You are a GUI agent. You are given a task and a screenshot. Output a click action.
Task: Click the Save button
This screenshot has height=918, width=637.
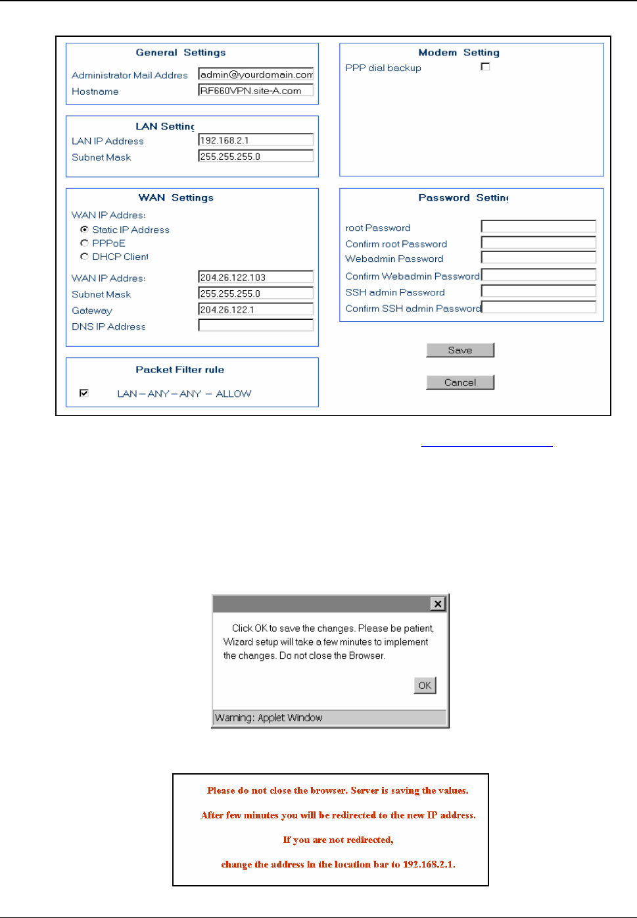click(x=460, y=350)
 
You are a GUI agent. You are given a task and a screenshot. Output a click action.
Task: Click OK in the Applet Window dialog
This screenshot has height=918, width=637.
click(x=425, y=685)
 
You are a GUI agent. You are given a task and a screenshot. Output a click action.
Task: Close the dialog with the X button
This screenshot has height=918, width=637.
click(x=437, y=603)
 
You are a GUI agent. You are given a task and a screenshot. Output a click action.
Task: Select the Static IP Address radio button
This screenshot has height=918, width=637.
click(x=84, y=230)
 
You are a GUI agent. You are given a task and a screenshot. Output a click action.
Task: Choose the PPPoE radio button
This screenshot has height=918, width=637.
click(x=84, y=243)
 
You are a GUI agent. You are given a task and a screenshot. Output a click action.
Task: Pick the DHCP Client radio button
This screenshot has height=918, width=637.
click(x=84, y=257)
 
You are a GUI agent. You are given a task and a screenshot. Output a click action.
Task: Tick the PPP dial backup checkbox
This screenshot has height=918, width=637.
click(x=485, y=66)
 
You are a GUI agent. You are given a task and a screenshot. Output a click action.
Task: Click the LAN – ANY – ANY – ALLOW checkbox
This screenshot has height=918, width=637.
click(x=84, y=393)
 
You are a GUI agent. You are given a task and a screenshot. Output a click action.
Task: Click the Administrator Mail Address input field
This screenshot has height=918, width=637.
click(x=256, y=74)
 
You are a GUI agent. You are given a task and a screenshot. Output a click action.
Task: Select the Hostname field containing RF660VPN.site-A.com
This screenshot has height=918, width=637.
click(x=256, y=91)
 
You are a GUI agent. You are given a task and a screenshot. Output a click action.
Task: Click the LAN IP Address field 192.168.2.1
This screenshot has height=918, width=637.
click(x=256, y=140)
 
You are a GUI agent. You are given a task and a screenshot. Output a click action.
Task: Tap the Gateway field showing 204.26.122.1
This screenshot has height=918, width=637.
click(x=256, y=310)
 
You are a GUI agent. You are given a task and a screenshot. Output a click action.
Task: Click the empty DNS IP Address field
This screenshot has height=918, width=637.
click(x=256, y=326)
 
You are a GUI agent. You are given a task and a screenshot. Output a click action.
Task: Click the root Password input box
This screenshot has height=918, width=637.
click(x=538, y=227)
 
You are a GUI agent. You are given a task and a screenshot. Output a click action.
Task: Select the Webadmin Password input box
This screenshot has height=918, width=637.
click(x=538, y=258)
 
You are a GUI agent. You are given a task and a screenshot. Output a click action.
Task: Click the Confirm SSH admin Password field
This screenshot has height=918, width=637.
click(x=539, y=307)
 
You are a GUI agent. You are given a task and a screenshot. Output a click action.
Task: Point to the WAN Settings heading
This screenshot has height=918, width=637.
click(x=176, y=197)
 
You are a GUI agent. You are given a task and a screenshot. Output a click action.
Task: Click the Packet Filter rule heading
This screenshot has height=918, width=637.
click(x=179, y=370)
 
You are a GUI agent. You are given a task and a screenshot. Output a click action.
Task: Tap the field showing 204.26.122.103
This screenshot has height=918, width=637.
click(x=256, y=278)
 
